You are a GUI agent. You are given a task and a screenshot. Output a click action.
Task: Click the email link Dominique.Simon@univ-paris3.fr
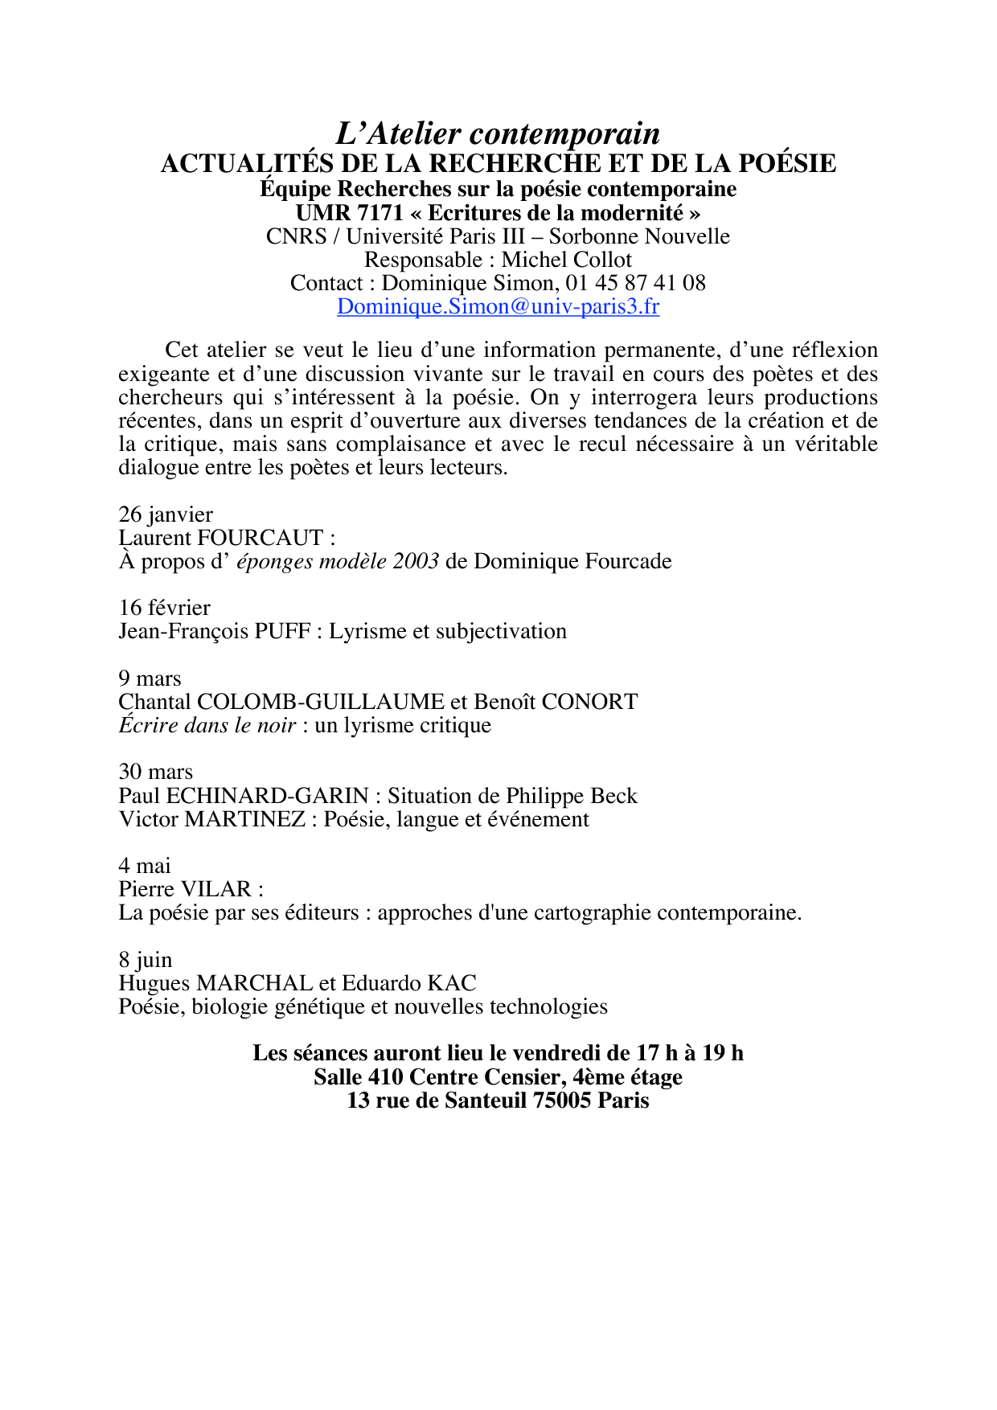pos(498,306)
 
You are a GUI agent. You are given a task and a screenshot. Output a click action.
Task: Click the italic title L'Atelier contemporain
pos(498,133)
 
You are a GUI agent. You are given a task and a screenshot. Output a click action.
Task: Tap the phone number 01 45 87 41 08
pos(635,283)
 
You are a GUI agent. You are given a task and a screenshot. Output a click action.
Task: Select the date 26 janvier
pos(166,514)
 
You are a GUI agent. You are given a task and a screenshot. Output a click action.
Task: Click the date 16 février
pos(164,608)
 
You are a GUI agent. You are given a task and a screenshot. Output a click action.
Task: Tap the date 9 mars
pos(150,678)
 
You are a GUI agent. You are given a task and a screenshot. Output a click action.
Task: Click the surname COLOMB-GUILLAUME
pos(320,702)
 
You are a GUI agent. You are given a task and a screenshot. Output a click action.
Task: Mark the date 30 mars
pos(156,772)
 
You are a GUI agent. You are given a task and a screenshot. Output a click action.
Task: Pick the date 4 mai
pos(145,866)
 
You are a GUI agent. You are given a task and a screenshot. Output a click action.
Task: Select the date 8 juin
pos(146,960)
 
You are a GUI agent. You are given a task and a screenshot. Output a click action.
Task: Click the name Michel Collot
pos(567,260)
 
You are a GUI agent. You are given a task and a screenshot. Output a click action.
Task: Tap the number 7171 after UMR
pos(378,213)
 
